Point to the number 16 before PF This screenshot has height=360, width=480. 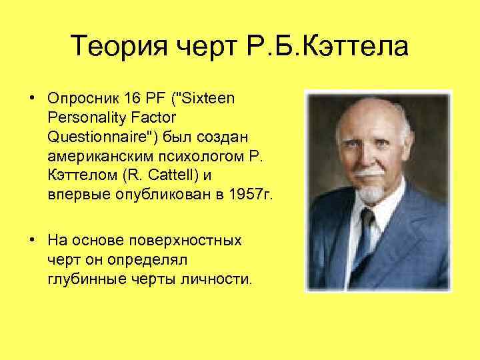[x=130, y=99]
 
